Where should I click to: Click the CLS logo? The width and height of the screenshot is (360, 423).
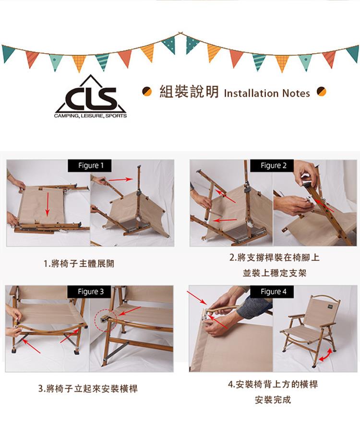(x=90, y=96)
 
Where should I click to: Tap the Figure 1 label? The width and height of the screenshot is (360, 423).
(x=89, y=165)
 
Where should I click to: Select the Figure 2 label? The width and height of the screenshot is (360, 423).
(x=272, y=165)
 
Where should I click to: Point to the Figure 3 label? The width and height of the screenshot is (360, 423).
(x=89, y=292)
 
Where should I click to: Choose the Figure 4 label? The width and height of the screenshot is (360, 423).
(x=272, y=292)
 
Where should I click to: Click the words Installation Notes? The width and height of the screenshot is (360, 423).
(x=267, y=94)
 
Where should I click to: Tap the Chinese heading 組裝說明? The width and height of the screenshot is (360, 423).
(x=189, y=92)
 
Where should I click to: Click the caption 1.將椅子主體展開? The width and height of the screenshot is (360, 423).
(x=79, y=264)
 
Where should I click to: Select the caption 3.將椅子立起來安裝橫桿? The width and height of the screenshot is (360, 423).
(x=88, y=389)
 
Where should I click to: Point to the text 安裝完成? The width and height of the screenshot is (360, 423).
(x=273, y=399)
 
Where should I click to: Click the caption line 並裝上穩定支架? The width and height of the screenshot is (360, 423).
(x=275, y=273)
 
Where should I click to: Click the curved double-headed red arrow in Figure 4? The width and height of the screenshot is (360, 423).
(x=326, y=355)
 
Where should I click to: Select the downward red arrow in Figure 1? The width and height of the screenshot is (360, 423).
(x=47, y=204)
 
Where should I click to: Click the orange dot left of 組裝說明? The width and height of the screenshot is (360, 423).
(x=147, y=92)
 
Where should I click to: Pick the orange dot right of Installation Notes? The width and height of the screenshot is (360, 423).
(x=322, y=92)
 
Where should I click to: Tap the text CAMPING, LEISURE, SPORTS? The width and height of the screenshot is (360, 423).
(x=90, y=116)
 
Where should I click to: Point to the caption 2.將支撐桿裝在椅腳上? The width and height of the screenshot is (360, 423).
(x=275, y=258)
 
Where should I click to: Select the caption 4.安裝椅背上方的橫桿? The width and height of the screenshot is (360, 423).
(x=273, y=384)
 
